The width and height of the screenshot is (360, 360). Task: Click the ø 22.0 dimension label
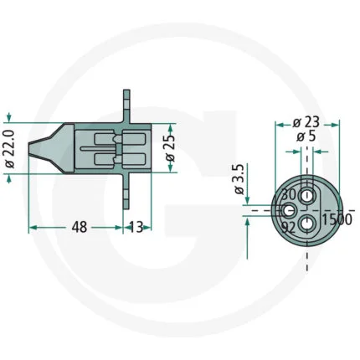coord(10,149)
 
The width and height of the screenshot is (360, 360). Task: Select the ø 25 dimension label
coord(170,147)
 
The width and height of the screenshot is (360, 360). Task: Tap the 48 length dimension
coord(80,227)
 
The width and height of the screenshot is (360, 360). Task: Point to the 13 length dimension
coord(136,227)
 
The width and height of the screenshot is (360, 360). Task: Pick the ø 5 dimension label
coord(306,136)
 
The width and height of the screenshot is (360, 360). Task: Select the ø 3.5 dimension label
coord(239,179)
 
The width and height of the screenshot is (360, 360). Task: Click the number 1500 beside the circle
coord(337,219)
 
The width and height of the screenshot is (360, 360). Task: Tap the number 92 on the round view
coord(288,228)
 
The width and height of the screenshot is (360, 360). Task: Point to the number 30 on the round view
coord(289,194)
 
